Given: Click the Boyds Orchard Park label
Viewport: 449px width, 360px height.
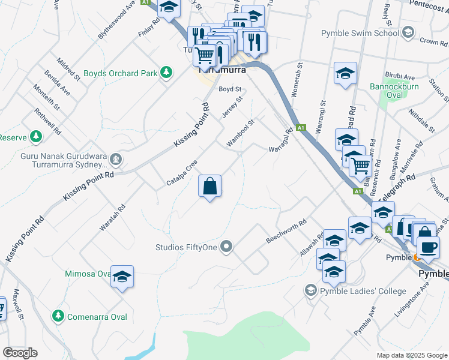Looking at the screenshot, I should point(119,74).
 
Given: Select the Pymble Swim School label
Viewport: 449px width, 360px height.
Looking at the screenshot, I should point(360,33).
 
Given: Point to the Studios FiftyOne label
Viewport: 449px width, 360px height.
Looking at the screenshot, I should point(185,246).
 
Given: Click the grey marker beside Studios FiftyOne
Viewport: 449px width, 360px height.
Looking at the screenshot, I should point(226,246).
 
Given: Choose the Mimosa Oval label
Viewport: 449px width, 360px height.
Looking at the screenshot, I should point(88,274).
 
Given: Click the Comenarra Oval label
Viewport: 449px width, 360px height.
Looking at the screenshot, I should point(97,316).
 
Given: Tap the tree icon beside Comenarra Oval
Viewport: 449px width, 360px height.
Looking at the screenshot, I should point(58,316).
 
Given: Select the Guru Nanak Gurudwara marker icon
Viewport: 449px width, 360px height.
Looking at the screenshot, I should point(116,159).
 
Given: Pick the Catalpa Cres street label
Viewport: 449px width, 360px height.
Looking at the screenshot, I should point(182,173).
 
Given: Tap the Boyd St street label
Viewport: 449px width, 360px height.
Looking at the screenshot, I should point(229,89).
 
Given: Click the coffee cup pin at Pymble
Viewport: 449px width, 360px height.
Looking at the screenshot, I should point(427,248).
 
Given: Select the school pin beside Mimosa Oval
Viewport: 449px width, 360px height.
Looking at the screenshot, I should point(122,276).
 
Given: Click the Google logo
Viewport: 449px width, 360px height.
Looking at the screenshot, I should point(20,353).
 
